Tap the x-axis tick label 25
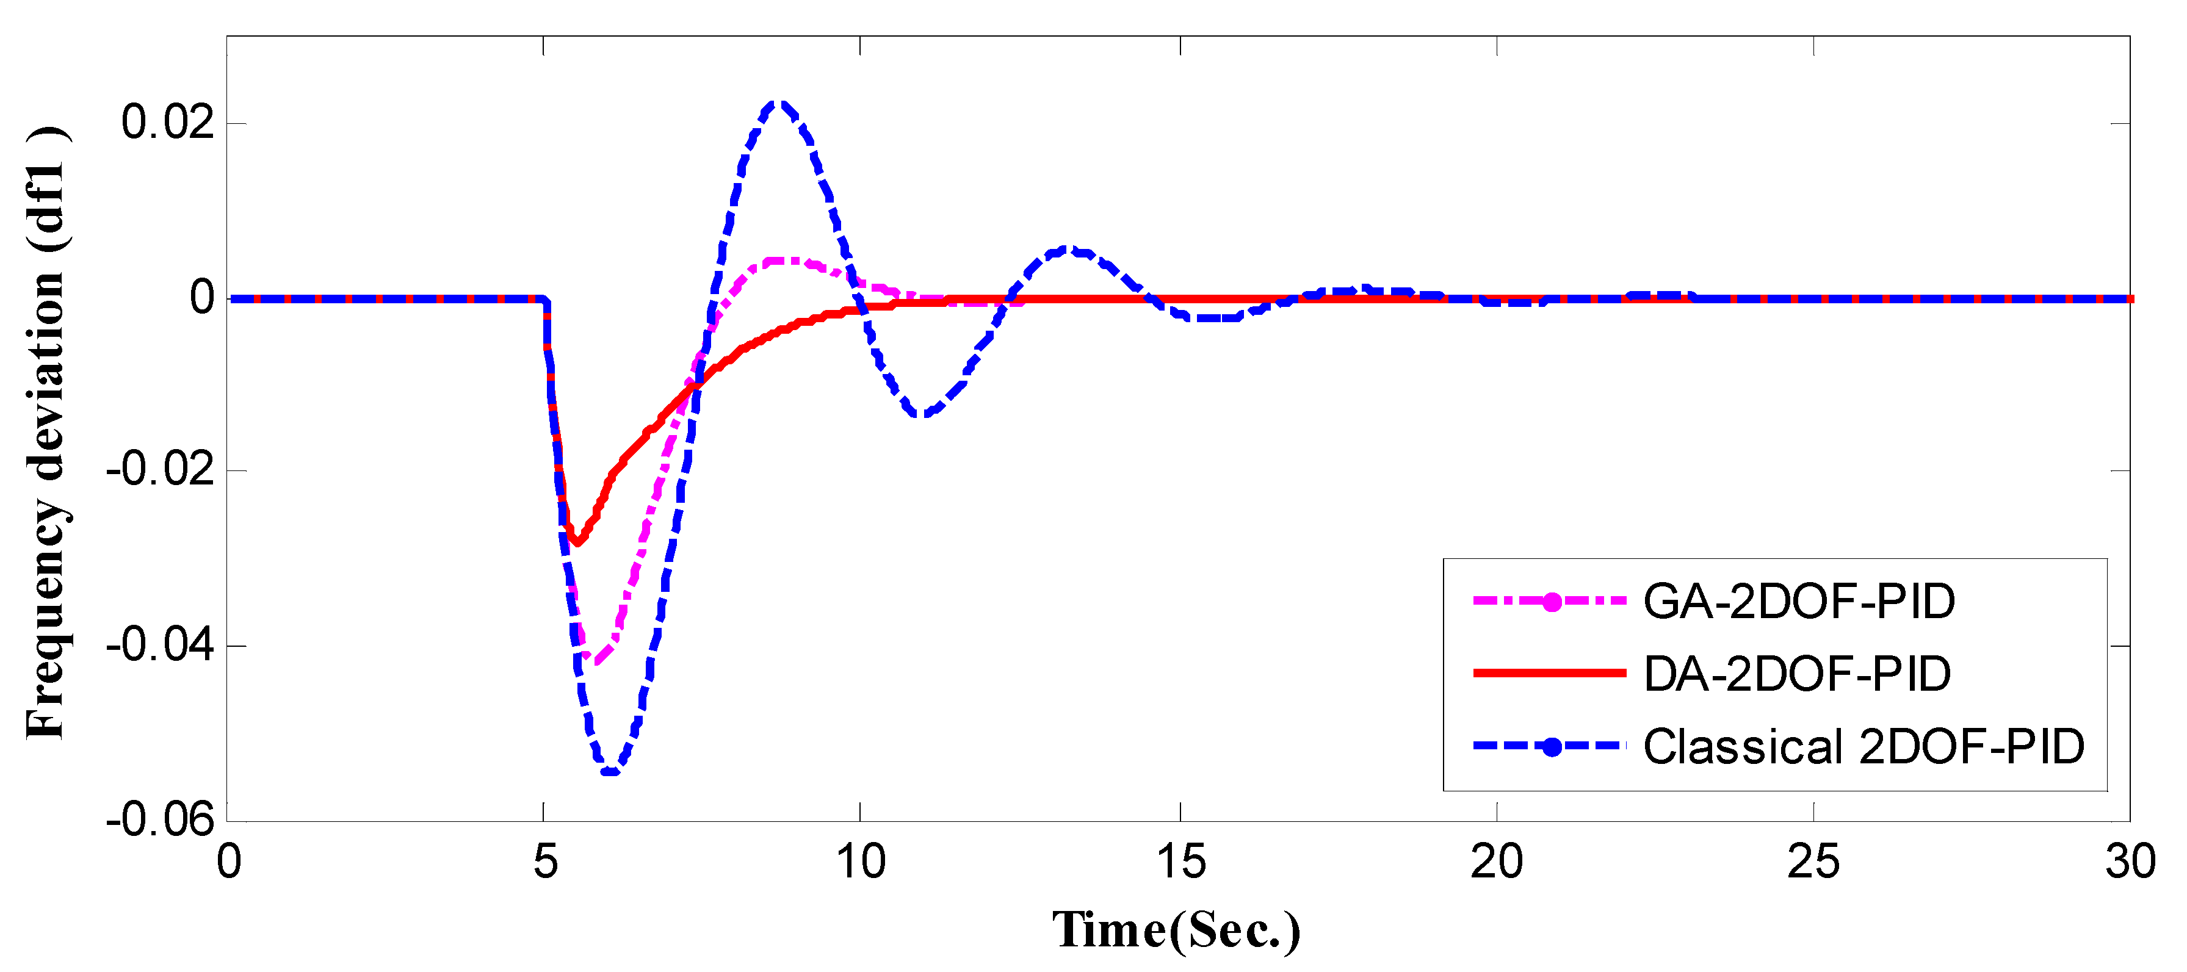[1813, 863]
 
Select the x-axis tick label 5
[545, 863]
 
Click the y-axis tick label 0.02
[167, 122]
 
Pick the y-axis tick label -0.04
[159, 646]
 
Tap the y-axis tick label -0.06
[159, 820]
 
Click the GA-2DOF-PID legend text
[1799, 602]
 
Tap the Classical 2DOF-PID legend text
[1863, 747]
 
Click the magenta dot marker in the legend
[1551, 602]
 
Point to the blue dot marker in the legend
[1551, 747]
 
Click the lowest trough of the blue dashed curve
[610, 772]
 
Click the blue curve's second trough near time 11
[923, 414]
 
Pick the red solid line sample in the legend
[1549, 673]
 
